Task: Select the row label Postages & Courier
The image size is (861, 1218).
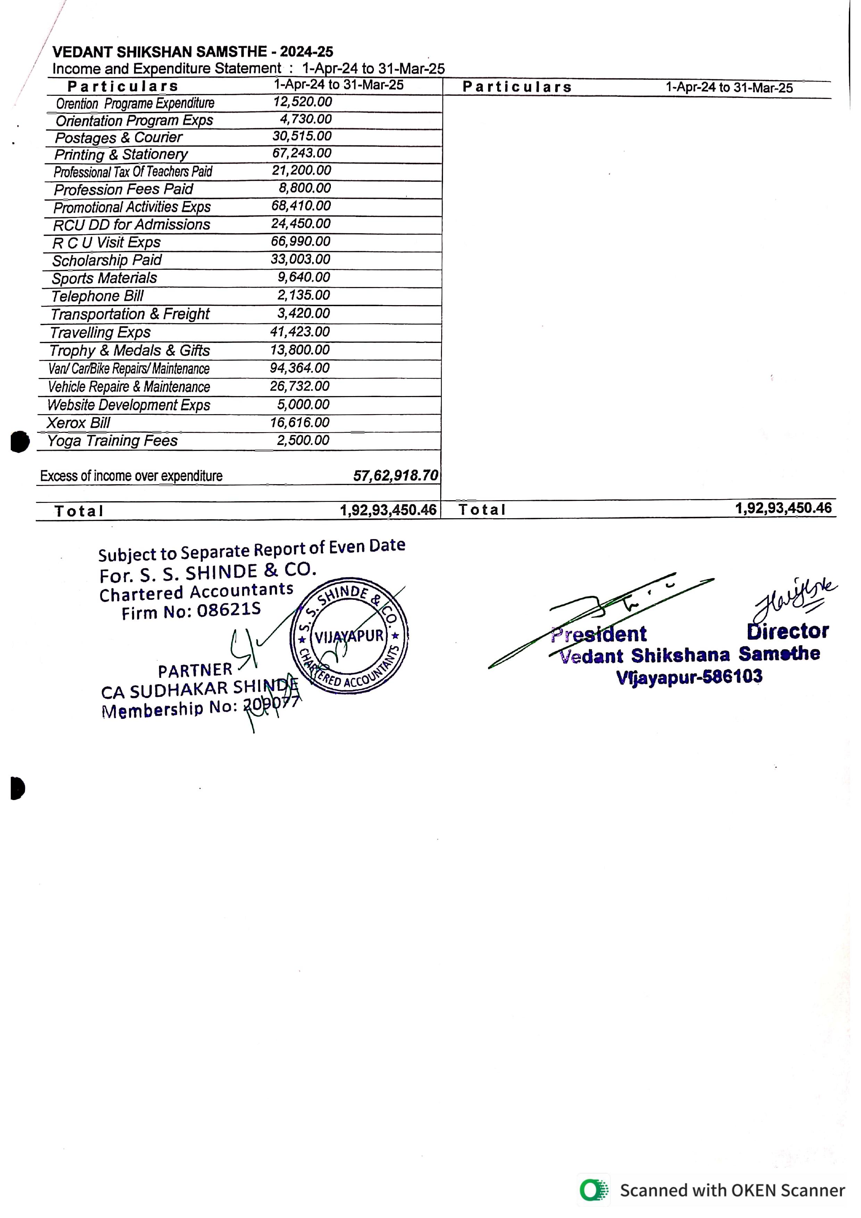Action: coord(118,137)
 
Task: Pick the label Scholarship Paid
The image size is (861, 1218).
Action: coord(107,260)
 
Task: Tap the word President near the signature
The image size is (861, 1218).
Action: coord(599,634)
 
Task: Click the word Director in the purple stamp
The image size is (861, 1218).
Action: coord(787,631)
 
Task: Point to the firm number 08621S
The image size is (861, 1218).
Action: coord(229,610)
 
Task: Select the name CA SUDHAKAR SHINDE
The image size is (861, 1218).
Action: coord(200,689)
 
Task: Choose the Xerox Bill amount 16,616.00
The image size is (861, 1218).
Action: coord(300,422)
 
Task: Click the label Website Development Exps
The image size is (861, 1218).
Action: coord(128,405)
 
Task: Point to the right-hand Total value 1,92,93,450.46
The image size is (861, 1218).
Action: coord(783,508)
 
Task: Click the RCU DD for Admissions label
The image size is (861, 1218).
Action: coord(132,224)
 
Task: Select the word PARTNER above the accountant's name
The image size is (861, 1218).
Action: coord(195,671)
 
